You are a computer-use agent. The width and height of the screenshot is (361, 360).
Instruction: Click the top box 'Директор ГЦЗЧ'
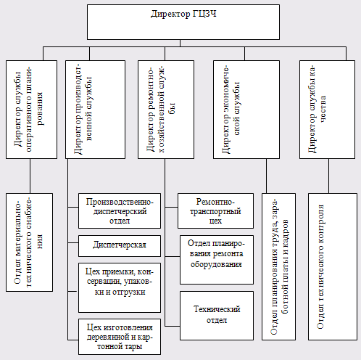(183, 22)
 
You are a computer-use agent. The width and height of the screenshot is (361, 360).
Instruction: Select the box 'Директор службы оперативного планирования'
(31, 110)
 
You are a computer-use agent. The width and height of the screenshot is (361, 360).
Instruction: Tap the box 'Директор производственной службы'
(95, 110)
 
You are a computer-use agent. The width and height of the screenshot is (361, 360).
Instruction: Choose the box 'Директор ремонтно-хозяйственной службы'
(166, 110)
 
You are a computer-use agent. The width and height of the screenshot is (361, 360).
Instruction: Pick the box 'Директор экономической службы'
(246, 110)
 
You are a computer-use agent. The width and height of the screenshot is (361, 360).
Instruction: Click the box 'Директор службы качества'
(327, 110)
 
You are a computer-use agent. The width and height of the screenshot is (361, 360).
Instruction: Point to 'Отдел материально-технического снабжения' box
(29, 242)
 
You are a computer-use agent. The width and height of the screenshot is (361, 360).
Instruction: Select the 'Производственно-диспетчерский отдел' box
(120, 210)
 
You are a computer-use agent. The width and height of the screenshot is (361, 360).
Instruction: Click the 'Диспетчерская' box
(120, 246)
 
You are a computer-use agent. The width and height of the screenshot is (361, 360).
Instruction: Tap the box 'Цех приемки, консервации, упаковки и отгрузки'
(120, 287)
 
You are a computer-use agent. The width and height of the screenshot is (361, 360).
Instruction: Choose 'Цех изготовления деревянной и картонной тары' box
(120, 337)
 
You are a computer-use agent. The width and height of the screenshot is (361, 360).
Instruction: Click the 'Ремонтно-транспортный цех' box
(215, 210)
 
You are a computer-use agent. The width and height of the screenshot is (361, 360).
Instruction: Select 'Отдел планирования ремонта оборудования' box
(217, 260)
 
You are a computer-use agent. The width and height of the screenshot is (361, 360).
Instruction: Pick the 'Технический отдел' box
(217, 316)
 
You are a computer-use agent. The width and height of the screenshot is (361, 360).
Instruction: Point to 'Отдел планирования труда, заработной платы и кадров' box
(278, 266)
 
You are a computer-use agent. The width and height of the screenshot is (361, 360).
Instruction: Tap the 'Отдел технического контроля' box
(333, 266)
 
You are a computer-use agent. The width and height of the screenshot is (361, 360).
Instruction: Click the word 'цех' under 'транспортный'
(215, 221)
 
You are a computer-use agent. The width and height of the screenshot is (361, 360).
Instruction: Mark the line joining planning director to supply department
(30, 176)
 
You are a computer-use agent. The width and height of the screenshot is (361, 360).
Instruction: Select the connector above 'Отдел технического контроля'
(328, 176)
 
